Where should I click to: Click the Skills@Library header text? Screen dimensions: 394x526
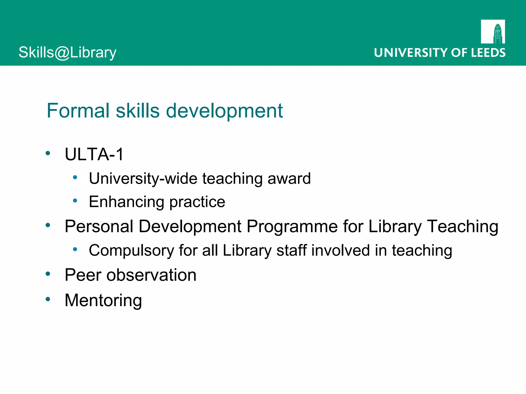pyautogui.click(x=67, y=53)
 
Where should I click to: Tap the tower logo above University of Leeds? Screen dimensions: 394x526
pyautogui.click(x=493, y=32)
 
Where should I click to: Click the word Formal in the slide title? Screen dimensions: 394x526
pyautogui.click(x=78, y=111)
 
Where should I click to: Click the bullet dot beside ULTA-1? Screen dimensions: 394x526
pyautogui.click(x=48, y=153)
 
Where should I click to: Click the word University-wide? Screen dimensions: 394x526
pyautogui.click(x=143, y=179)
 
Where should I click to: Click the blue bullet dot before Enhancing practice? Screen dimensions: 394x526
pyautogui.click(x=75, y=201)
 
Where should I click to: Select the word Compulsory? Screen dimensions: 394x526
pyautogui.click(x=131, y=251)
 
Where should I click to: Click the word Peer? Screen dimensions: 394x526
pyautogui.click(x=83, y=275)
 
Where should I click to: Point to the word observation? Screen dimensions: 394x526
pyautogui.click(x=151, y=275)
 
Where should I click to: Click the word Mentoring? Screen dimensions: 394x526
pyautogui.click(x=103, y=300)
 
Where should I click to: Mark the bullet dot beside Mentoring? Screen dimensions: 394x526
pyautogui.click(x=48, y=299)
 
